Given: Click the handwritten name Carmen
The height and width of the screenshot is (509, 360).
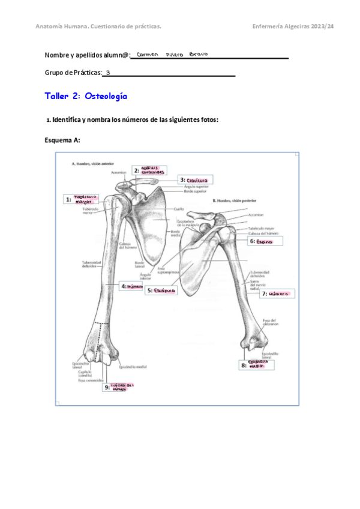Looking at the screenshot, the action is click(x=147, y=54).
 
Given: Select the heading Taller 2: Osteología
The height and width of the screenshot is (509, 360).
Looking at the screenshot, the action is click(x=86, y=96).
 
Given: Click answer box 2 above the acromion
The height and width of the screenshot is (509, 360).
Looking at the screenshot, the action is click(x=150, y=170).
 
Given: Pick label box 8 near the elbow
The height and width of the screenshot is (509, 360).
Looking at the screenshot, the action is click(x=253, y=364).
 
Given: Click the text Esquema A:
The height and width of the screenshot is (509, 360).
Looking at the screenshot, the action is click(x=62, y=140).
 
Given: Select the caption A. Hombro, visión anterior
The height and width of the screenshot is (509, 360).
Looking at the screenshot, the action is click(x=94, y=163).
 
